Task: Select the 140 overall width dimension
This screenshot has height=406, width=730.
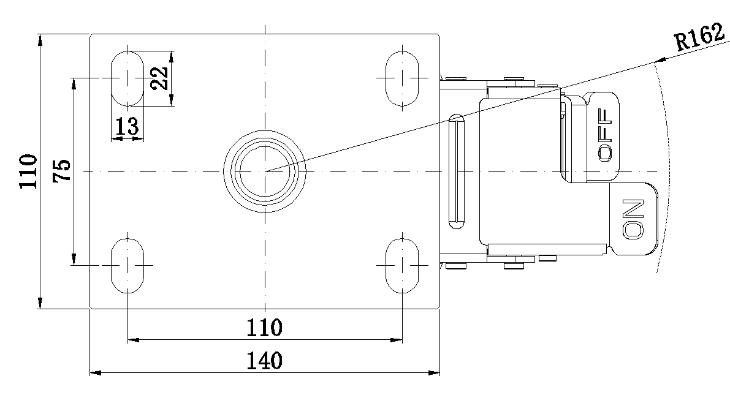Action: [x=265, y=361]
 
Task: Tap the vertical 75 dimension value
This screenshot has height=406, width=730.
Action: [x=61, y=171]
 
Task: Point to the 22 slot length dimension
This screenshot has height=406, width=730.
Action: [x=159, y=78]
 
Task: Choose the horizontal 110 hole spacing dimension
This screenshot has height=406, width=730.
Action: [x=265, y=328]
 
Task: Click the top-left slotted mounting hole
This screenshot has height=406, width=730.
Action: [x=127, y=78]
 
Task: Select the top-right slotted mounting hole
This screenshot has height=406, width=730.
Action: [x=402, y=78]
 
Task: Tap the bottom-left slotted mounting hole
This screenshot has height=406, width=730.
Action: [x=127, y=265]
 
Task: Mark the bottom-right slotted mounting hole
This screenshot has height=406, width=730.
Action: [x=402, y=265]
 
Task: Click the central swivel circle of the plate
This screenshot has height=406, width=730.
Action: [x=265, y=171]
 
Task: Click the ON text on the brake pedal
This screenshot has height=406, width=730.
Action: [x=633, y=219]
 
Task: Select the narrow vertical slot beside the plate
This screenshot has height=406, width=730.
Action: [x=457, y=171]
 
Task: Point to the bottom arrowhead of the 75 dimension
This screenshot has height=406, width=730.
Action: [x=74, y=260]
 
